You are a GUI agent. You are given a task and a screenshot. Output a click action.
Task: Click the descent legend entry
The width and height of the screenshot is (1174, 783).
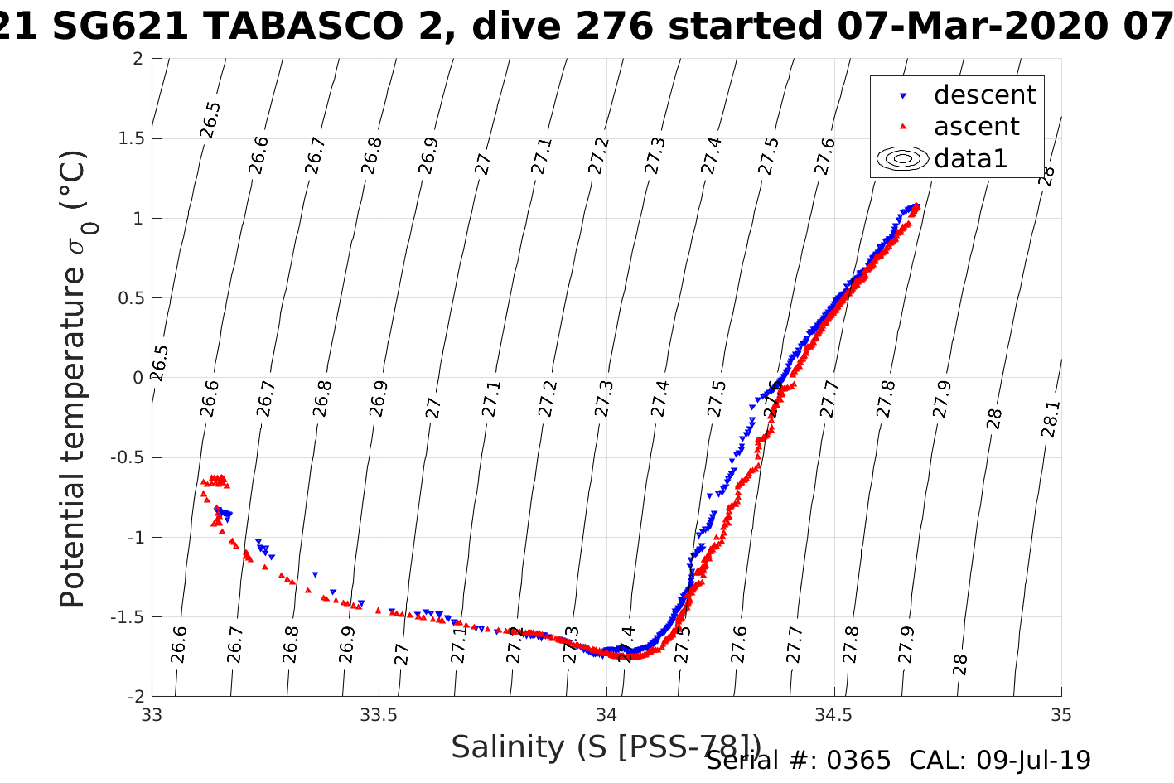click(x=984, y=95)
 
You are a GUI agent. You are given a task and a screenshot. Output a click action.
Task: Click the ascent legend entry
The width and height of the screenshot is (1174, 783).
click(x=976, y=127)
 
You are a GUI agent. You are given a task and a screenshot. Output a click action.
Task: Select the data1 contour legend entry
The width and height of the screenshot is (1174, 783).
click(x=970, y=158)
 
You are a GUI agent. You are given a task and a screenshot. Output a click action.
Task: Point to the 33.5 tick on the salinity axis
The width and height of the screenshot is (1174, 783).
click(x=379, y=715)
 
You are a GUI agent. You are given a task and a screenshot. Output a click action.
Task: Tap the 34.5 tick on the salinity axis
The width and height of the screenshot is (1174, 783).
click(x=833, y=715)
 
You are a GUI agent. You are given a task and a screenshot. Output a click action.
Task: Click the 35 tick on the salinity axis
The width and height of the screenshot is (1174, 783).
click(x=1060, y=715)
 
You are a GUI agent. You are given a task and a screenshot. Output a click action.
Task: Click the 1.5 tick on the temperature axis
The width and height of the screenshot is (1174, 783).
click(x=128, y=138)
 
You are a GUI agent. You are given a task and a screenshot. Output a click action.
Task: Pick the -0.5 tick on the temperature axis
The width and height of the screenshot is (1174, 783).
click(x=125, y=457)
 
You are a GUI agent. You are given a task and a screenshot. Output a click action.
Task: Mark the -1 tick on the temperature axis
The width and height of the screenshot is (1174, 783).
click(x=133, y=537)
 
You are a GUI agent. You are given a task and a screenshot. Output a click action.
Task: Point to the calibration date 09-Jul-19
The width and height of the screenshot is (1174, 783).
click(x=1033, y=761)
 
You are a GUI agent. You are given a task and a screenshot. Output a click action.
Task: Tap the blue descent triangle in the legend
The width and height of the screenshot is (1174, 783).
click(x=903, y=96)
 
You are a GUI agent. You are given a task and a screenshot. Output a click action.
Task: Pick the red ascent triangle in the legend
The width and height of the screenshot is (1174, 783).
click(x=903, y=127)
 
